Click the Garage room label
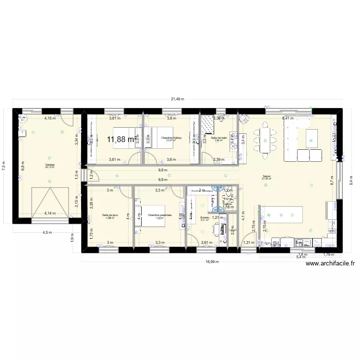click(x=49, y=165)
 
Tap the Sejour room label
click(x=267, y=177)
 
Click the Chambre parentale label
click(x=160, y=215)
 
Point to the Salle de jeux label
click(x=110, y=215)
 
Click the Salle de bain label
click(x=218, y=138)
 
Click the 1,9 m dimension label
click(x=72, y=236)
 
